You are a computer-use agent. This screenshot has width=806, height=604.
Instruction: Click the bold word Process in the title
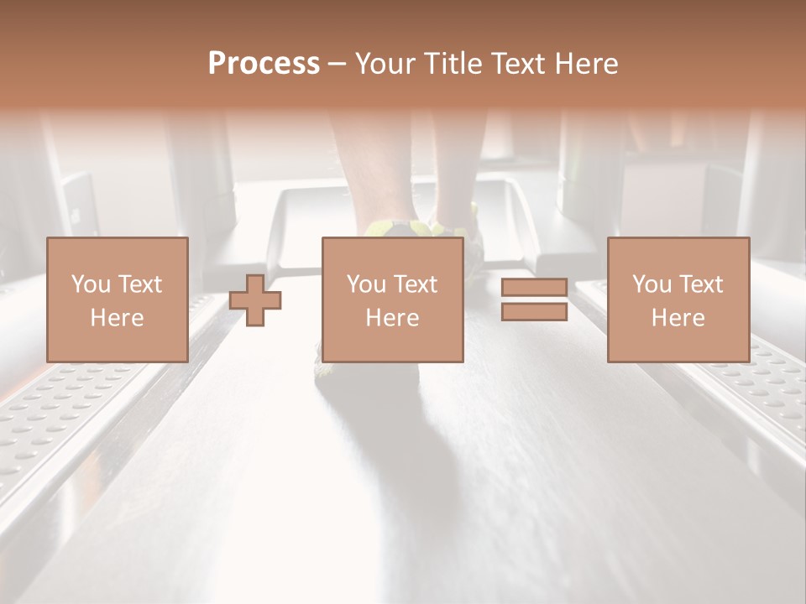[x=264, y=64]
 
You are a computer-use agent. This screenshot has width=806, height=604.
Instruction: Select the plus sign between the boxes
[x=255, y=300]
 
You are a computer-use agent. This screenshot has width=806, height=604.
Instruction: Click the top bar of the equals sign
[x=534, y=288]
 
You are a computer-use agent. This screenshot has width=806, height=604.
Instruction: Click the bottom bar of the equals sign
[x=534, y=312]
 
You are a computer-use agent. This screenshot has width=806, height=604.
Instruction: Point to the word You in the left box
[x=89, y=284]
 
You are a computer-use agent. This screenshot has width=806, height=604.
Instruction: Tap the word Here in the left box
[x=117, y=318]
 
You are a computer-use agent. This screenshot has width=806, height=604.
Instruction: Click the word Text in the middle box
[x=416, y=284]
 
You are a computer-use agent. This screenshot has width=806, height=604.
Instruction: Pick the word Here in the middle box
[x=392, y=318]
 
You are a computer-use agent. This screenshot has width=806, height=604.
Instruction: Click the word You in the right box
[x=651, y=284]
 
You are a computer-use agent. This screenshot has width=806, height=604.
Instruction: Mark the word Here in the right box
[x=678, y=318]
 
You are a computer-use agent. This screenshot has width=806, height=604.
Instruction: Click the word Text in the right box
[x=701, y=284]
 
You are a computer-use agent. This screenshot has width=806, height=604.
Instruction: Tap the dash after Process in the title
[x=337, y=65]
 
